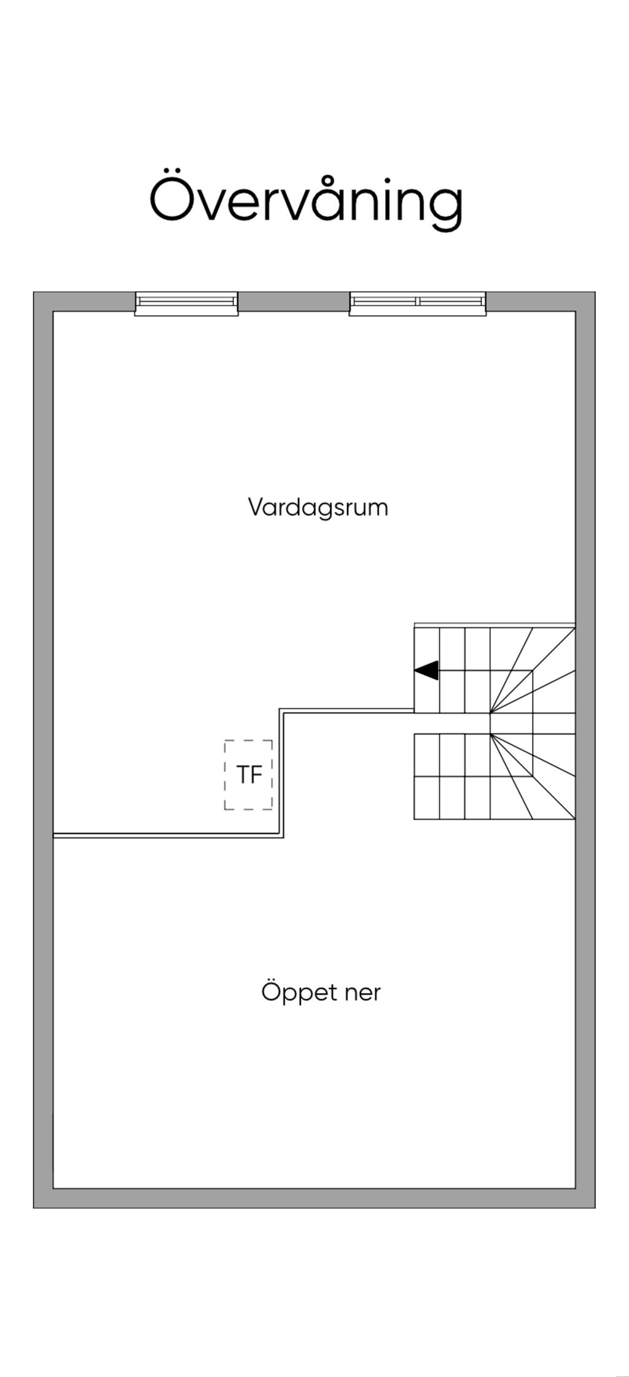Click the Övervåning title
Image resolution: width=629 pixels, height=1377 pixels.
click(x=306, y=200)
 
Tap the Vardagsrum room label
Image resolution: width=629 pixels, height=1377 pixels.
click(x=318, y=508)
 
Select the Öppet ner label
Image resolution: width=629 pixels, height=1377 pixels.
click(x=321, y=992)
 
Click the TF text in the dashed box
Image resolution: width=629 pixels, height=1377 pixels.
click(x=249, y=775)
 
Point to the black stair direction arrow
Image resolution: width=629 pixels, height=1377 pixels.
click(x=427, y=670)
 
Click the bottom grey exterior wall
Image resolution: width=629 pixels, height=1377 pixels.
click(x=314, y=1198)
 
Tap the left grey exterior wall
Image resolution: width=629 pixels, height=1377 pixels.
click(x=43, y=737)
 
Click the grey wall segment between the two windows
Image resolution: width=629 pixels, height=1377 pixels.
click(x=294, y=301)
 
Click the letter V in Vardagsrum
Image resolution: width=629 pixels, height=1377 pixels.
click(x=256, y=507)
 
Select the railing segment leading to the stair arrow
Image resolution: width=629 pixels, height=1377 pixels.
click(x=347, y=711)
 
